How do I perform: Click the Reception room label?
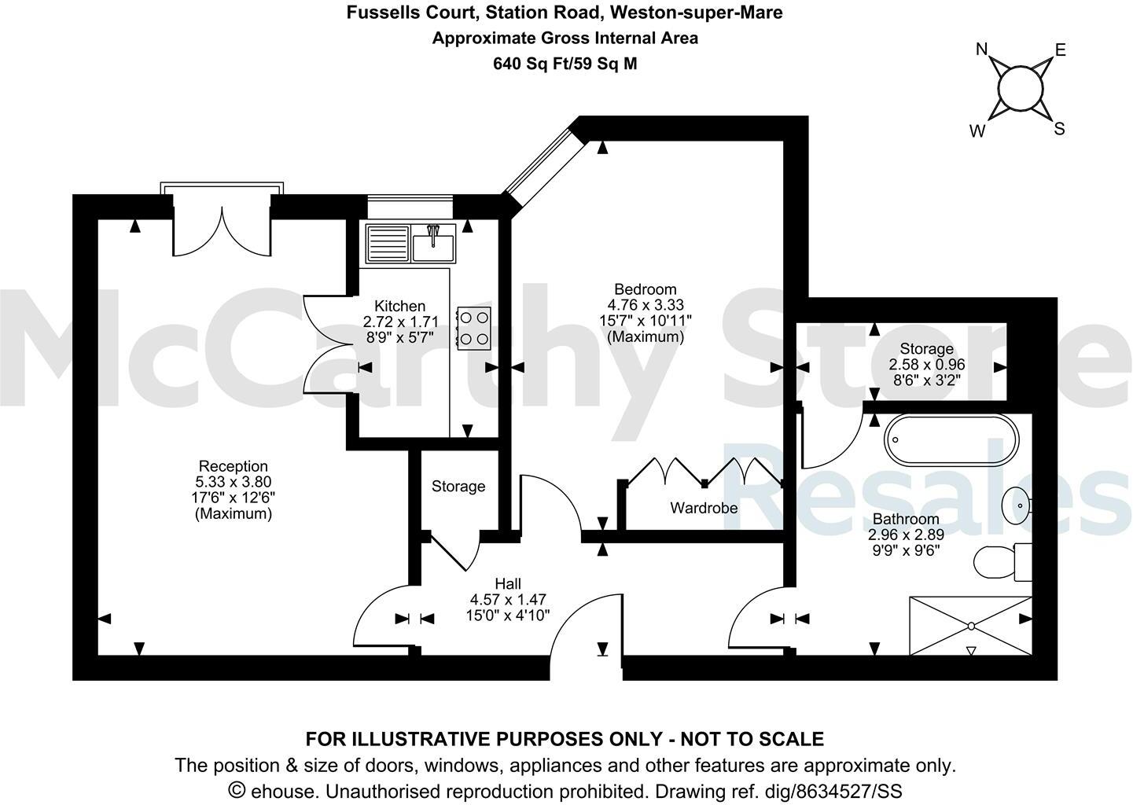233,466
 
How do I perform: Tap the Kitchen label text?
399,306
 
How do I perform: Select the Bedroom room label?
645,289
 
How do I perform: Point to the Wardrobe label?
704,508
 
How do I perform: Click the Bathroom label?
906,519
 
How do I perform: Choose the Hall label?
508,584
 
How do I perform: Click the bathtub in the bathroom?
951,441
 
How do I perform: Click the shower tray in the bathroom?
970,626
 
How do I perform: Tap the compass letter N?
981,50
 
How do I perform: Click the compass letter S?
1059,129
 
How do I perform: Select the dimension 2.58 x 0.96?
926,365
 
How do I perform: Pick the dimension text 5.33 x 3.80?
233,482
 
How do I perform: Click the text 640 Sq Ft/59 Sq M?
565,64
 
